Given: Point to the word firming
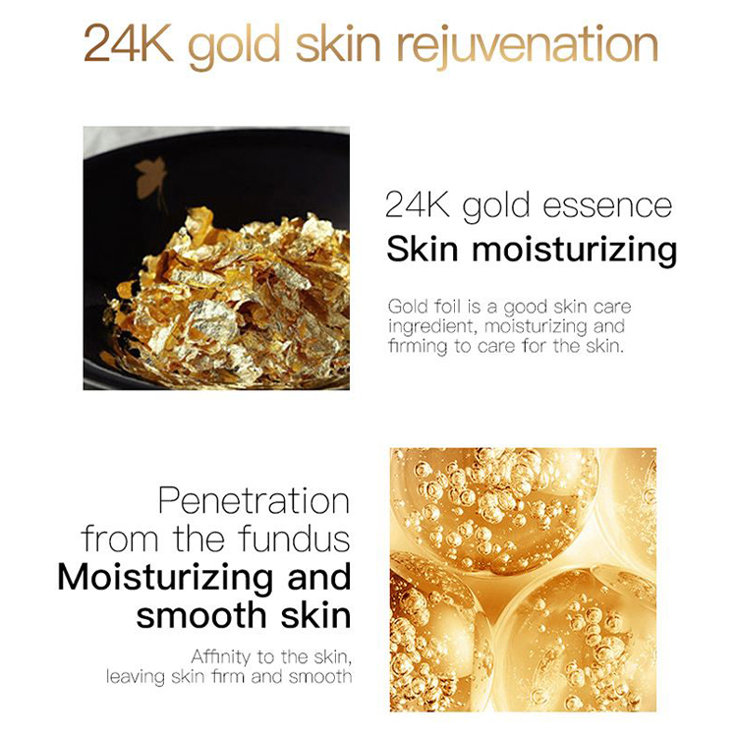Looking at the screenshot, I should click(417, 347).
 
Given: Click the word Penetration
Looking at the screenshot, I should click(254, 500).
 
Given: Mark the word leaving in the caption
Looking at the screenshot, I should click(138, 677).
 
